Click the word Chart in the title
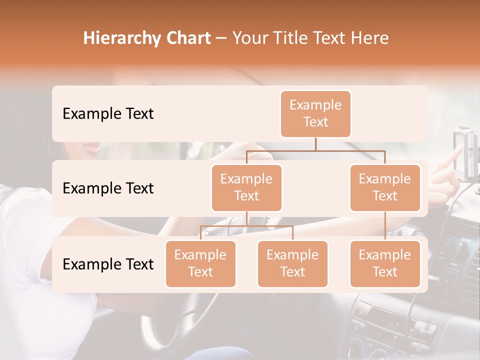tap(186, 38)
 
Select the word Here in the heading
tap(370, 38)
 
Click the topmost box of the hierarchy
tap(315, 113)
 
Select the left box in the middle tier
tap(246, 187)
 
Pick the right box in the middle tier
tap(385, 187)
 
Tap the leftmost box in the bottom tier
tap(200, 263)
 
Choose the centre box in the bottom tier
tap(292, 263)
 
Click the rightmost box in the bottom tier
tap(385, 263)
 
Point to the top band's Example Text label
tap(108, 113)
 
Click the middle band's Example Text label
tap(108, 188)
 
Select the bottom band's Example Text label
tap(108, 264)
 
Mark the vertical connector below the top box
tap(315, 144)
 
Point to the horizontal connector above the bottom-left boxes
tap(246, 226)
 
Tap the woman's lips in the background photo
tap(92, 148)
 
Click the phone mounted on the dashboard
tap(465, 152)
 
